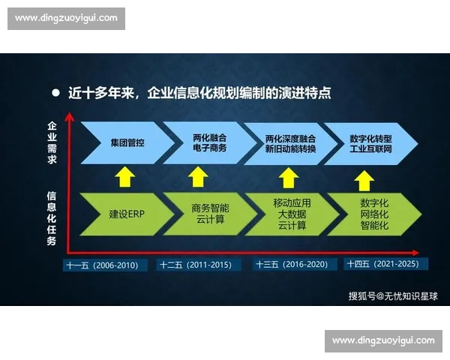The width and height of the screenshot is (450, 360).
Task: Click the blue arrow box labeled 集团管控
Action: click(124, 142)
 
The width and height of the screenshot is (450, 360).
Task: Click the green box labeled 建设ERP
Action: click(124, 214)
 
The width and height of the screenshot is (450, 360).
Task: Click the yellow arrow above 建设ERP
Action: click(124, 177)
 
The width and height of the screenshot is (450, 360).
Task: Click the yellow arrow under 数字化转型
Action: click(364, 179)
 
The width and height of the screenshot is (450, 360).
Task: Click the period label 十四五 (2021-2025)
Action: click(385, 265)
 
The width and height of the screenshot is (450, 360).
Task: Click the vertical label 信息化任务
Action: click(51, 218)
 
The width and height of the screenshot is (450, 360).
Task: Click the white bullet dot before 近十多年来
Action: click(55, 93)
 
